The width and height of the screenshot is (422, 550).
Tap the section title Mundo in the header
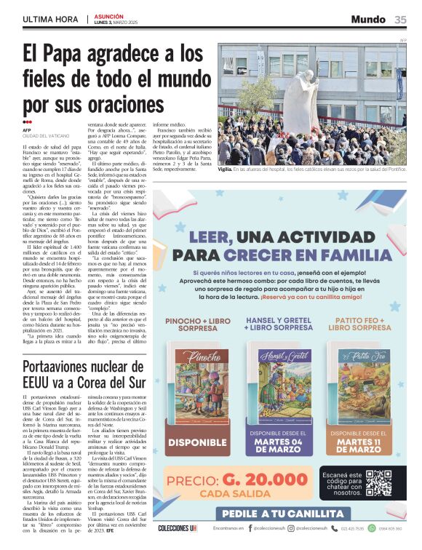click(368, 20)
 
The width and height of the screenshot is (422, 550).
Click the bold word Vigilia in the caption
click(226, 170)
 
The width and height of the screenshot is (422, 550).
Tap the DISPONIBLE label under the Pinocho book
click(197, 442)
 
